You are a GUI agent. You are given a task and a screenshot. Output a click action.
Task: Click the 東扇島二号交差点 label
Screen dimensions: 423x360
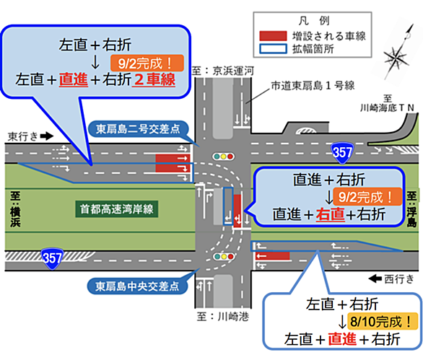pyautogui.click(x=138, y=129)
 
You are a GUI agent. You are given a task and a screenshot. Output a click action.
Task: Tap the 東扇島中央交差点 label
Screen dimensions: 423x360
pyautogui.click(x=137, y=286)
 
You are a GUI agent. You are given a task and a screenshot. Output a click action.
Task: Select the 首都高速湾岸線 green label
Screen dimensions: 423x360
pyautogui.click(x=116, y=209)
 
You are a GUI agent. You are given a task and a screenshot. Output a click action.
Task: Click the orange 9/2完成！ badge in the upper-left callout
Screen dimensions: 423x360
pyautogui.click(x=147, y=63)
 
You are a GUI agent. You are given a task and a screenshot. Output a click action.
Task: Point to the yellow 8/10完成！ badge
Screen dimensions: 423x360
pyautogui.click(x=383, y=321)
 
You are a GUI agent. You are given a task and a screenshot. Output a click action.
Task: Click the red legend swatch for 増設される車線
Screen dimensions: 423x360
pyautogui.click(x=273, y=36)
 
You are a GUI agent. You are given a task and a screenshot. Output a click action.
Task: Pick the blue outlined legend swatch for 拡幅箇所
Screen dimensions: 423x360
pyautogui.click(x=273, y=49)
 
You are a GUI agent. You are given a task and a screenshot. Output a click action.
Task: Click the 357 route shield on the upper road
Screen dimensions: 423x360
pyautogui.click(x=342, y=153)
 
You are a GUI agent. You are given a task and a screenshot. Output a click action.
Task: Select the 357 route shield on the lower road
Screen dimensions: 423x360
pyautogui.click(x=52, y=258)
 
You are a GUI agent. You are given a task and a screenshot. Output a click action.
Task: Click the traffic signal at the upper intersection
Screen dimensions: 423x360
pyautogui.click(x=223, y=157)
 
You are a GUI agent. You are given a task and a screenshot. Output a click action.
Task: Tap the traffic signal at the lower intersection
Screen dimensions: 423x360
pyautogui.click(x=223, y=256)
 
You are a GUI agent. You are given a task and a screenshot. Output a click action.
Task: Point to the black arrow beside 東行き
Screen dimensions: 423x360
pyautogui.click(x=47, y=136)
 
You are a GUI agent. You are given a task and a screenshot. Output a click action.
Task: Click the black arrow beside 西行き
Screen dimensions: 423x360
pyautogui.click(x=375, y=278)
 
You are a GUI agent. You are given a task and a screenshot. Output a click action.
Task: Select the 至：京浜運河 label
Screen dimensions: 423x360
pyautogui.click(x=223, y=71)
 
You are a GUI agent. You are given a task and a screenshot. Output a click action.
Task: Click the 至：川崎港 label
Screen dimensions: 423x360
pyautogui.click(x=223, y=317)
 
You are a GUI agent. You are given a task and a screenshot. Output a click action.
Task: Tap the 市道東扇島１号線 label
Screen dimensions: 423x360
pyautogui.click(x=313, y=86)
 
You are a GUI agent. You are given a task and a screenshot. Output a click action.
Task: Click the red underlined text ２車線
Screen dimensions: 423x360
pyautogui.click(x=154, y=79)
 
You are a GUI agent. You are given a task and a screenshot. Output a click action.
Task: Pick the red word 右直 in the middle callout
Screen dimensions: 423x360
pyautogui.click(x=330, y=215)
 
